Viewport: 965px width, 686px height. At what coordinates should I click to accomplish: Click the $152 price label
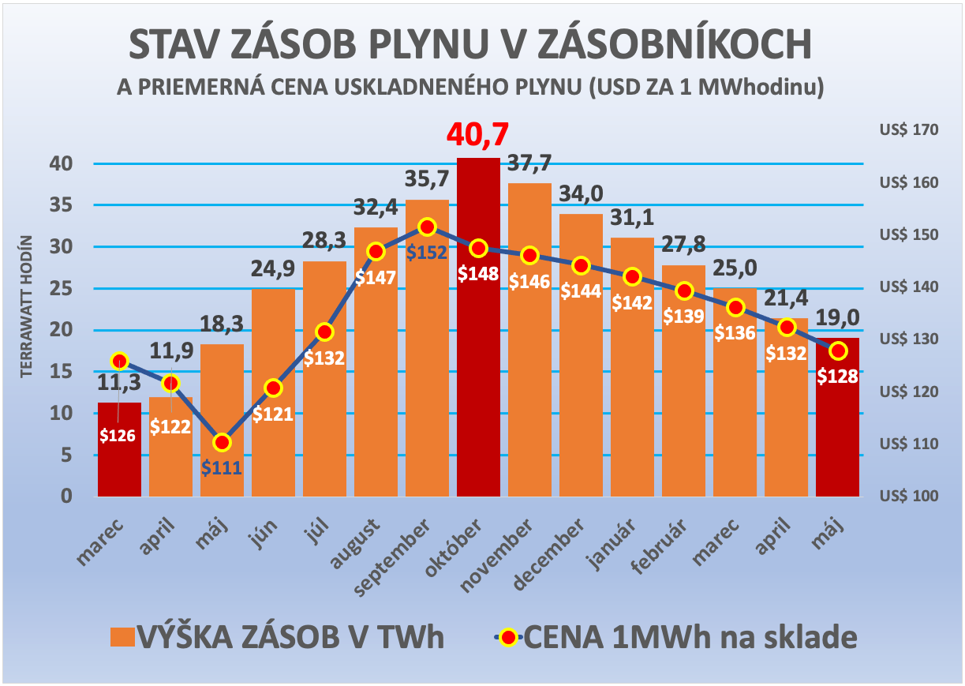(x=427, y=253)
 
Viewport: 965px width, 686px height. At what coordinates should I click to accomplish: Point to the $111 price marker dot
(x=223, y=442)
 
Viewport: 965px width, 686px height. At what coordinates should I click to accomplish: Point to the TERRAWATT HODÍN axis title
(x=27, y=306)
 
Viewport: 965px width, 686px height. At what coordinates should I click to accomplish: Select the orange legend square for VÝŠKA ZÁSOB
(x=122, y=637)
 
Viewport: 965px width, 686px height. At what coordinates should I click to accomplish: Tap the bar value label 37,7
(x=529, y=163)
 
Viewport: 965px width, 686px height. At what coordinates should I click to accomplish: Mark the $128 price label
(x=837, y=376)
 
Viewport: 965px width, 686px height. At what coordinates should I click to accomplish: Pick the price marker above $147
(x=376, y=252)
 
